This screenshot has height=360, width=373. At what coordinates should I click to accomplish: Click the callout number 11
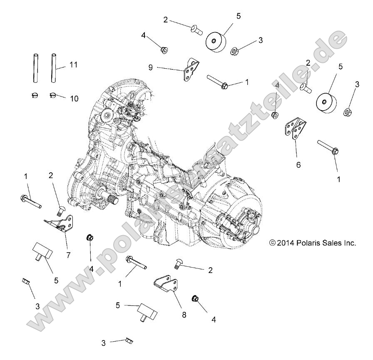click(x=73, y=65)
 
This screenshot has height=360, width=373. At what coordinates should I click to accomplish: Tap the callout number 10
click(x=74, y=99)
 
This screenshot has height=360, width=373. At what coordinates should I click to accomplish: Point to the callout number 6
click(x=298, y=165)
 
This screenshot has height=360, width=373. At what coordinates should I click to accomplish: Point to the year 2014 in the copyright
click(x=286, y=243)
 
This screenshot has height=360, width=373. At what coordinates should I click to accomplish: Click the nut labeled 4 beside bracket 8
click(x=194, y=298)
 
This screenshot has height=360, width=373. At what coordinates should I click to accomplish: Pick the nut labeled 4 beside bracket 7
click(x=90, y=238)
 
